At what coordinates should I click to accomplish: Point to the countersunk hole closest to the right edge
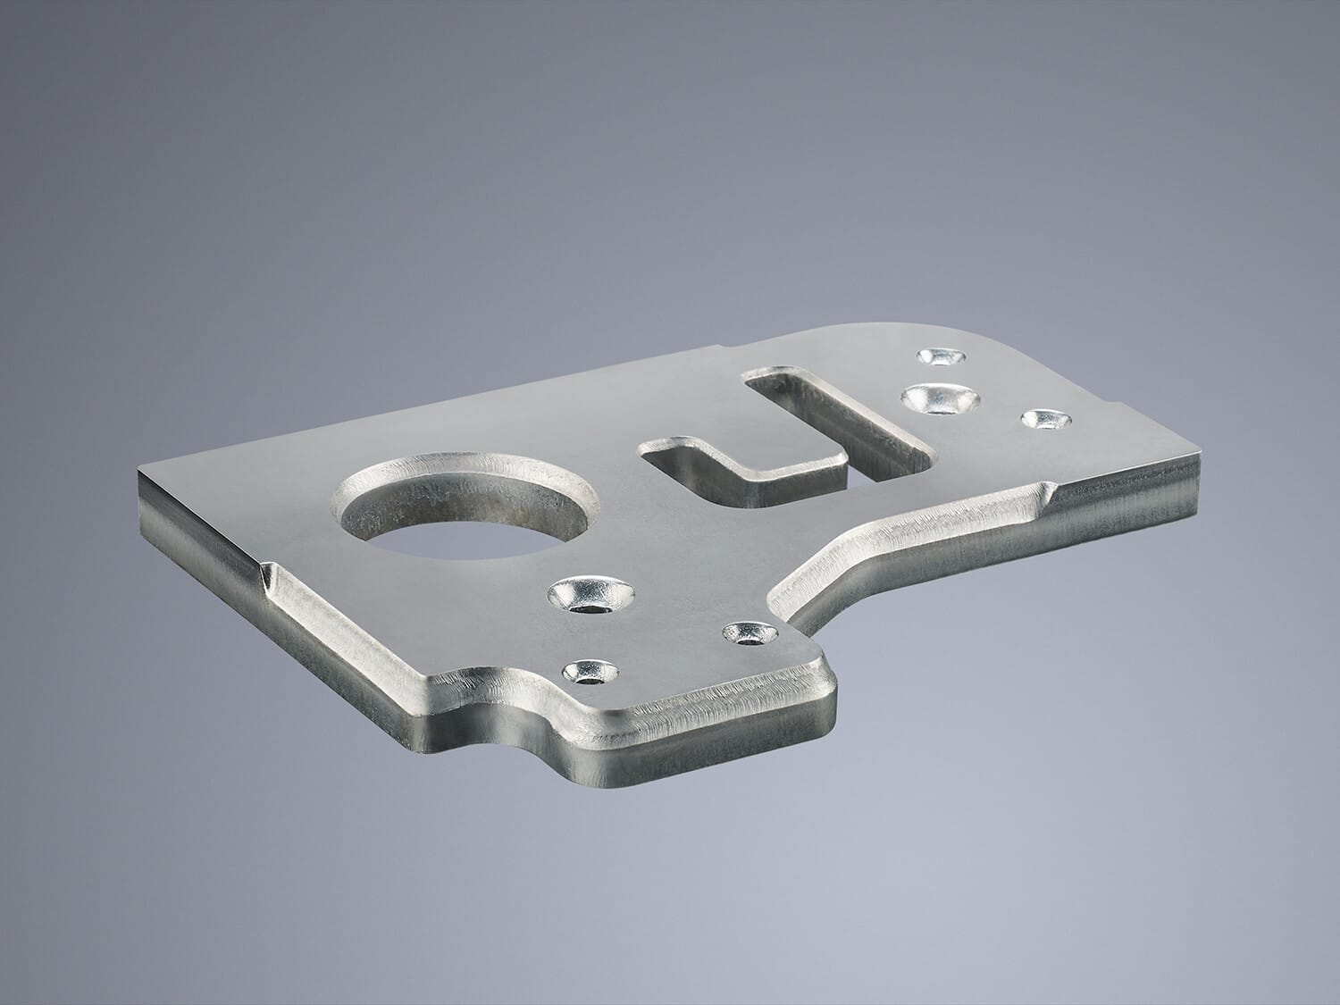[1043, 418]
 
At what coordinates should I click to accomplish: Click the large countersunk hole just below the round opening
[590, 594]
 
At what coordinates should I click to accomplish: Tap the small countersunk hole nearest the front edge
[590, 670]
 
